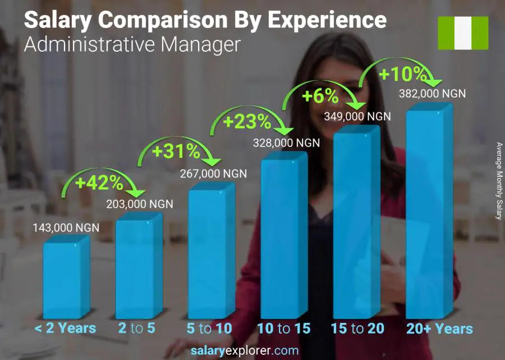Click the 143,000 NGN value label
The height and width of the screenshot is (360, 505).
click(66, 227)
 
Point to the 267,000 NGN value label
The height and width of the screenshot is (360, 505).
click(213, 174)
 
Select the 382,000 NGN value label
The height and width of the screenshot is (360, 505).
click(433, 94)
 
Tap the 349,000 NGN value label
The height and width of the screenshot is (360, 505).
click(357, 116)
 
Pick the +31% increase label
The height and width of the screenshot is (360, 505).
click(175, 151)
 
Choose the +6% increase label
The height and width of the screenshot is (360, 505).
click(320, 96)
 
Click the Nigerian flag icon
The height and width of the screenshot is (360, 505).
click(463, 33)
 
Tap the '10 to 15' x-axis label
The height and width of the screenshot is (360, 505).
click(283, 329)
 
